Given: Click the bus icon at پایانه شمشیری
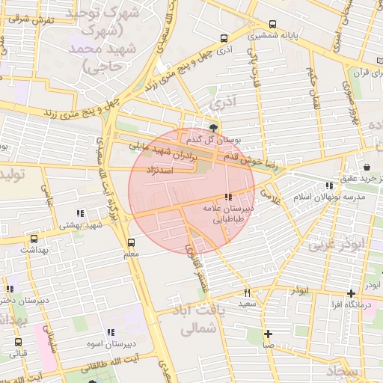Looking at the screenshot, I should coord(272,23).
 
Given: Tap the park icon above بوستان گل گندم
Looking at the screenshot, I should coord(214,128).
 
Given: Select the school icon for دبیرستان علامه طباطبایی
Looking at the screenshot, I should coord(228,197).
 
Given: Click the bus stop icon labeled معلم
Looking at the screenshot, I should coord(132,242).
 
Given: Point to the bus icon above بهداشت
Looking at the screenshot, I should coord(34,239).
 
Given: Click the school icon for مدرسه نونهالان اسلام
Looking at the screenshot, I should coord(329,185).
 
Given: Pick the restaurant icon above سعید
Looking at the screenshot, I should coord(247,292).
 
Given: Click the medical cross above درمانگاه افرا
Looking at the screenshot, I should coord(350,294).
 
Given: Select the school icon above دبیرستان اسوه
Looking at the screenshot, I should coord(111,331).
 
